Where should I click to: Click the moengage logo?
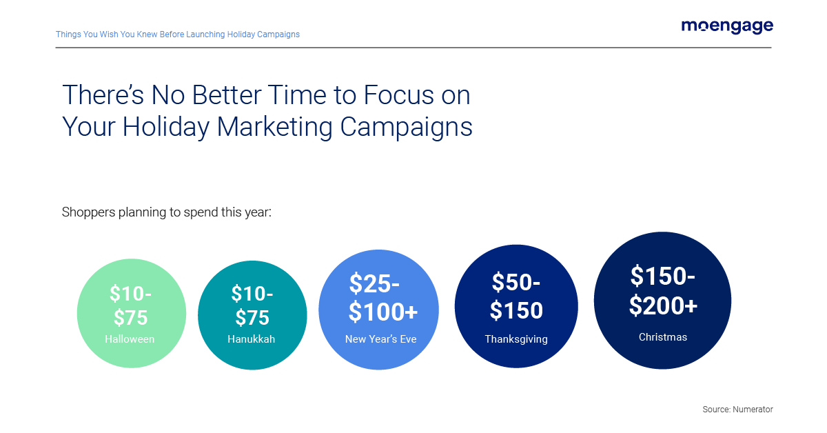coord(727,26)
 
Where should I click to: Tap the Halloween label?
coord(130,339)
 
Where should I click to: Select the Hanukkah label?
coord(251,339)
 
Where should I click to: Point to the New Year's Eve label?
coord(380,339)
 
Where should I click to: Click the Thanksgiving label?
coord(516,339)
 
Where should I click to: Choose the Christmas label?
coord(662,337)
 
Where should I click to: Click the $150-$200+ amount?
coord(663,290)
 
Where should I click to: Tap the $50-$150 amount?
coord(516,296)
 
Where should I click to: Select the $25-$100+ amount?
coord(382,298)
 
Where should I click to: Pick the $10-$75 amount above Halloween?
coord(130,305)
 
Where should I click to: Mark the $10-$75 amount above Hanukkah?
coord(252,305)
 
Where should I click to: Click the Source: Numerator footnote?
coord(737,410)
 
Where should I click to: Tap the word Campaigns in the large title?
coord(407,127)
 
